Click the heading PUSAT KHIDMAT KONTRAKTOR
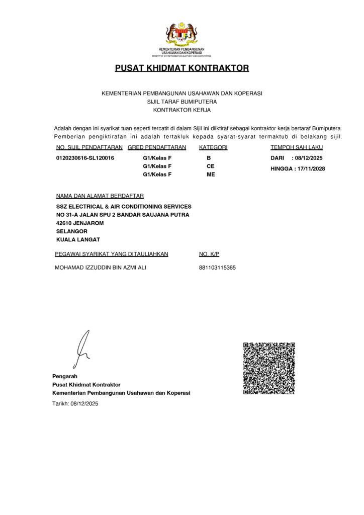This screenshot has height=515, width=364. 182,68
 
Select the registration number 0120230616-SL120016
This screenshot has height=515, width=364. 85,158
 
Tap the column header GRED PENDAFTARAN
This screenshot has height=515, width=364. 157,147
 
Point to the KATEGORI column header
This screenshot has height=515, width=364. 214,147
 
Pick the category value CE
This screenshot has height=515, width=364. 211,166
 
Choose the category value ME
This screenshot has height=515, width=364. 211,174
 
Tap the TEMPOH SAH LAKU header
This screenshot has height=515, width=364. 297,147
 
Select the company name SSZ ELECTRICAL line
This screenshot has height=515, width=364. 124,207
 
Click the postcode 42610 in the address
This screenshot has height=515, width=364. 64,223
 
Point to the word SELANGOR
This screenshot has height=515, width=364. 72,231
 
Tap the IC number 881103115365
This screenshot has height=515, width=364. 217,268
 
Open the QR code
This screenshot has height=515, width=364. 269,368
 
